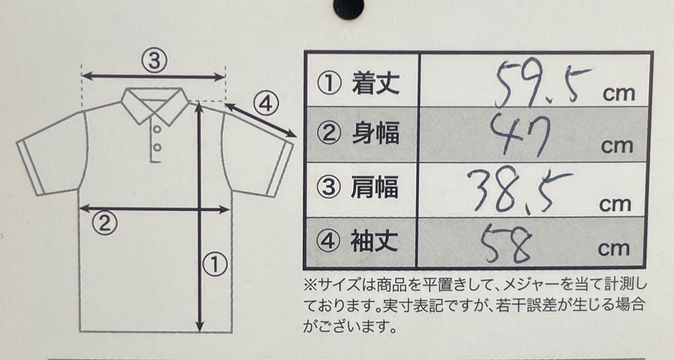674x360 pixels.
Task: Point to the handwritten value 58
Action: pyautogui.click(x=505, y=243)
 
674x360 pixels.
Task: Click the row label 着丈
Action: pyautogui.click(x=375, y=83)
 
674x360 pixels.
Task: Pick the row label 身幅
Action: pyautogui.click(x=375, y=134)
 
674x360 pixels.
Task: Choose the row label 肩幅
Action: pyautogui.click(x=374, y=188)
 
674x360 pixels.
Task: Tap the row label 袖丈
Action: pyautogui.click(x=374, y=242)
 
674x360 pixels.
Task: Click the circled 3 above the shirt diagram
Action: pyautogui.click(x=154, y=61)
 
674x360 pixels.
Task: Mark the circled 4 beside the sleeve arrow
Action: pyautogui.click(x=266, y=103)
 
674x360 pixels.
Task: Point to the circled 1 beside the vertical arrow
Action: pyautogui.click(x=215, y=264)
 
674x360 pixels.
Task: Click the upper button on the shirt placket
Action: pyautogui.click(x=157, y=129)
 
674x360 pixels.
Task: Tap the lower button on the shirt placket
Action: pyautogui.click(x=157, y=148)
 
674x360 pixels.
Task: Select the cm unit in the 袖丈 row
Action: pyautogui.click(x=613, y=249)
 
